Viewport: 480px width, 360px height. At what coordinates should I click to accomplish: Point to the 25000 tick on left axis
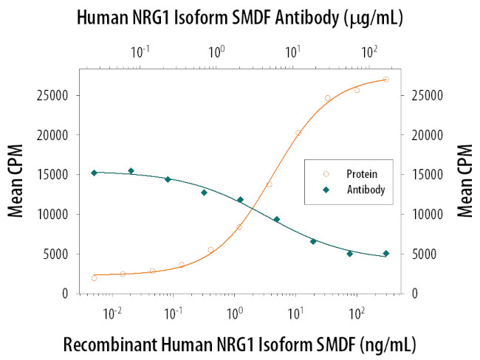point(54,95)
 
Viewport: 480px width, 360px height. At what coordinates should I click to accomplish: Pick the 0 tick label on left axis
point(66,294)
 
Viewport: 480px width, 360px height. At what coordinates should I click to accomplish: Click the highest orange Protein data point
point(386,80)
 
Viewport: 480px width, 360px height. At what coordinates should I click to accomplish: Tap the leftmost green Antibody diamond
point(94,173)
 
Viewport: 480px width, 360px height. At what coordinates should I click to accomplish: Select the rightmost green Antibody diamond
point(386,253)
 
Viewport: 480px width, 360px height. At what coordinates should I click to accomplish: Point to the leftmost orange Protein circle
point(94,278)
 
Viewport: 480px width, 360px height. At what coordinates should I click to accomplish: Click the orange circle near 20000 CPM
point(298,134)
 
